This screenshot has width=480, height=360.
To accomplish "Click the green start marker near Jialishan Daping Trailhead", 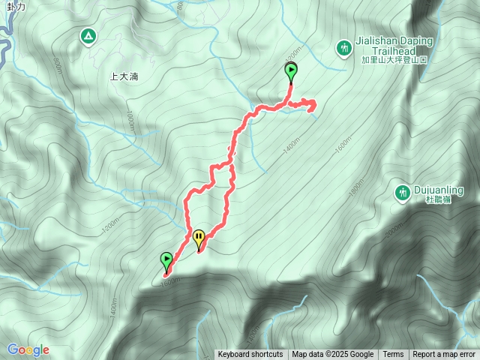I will click(291, 72).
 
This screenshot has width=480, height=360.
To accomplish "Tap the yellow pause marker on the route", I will click(199, 238).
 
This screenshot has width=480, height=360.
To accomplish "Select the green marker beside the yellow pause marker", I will click(166, 260).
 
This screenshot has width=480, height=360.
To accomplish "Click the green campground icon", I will click(88, 35).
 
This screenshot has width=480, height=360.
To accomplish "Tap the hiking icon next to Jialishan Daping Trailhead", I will click(344, 48).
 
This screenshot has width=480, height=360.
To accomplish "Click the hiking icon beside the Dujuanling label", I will click(403, 193).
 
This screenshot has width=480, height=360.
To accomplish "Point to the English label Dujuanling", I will click(439, 190).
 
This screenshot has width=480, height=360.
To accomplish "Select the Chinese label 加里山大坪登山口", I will click(394, 59).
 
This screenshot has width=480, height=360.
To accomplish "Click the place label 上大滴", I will click(124, 76).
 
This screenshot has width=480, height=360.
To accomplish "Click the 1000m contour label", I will click(130, 121).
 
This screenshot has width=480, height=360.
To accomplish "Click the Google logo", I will click(28, 349).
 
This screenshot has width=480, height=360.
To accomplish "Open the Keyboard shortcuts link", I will click(250, 355).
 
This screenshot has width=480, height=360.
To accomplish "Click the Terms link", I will click(393, 355).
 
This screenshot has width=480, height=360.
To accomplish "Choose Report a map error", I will click(444, 355).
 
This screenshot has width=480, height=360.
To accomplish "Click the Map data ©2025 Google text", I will click(333, 355).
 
